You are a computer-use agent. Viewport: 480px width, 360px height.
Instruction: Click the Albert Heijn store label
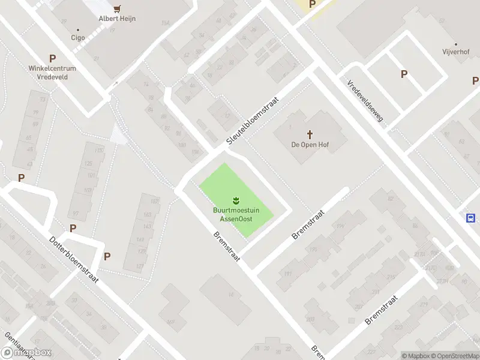tap(117, 19)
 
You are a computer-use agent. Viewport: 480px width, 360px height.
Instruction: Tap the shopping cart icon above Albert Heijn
tap(117, 8)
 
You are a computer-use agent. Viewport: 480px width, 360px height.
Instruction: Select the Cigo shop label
tap(78, 37)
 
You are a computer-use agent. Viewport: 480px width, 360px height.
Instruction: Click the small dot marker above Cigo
tap(78, 29)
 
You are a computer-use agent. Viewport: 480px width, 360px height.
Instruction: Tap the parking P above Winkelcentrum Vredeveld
tap(53, 59)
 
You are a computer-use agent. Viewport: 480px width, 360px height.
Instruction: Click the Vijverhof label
tap(456, 52)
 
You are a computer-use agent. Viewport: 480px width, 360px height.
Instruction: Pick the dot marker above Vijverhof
tap(456, 44)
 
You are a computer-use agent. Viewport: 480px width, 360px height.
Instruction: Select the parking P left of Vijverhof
tap(404, 74)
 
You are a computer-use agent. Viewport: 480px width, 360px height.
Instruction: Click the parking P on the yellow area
tap(312, 4)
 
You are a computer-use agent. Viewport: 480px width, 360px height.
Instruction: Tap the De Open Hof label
tap(310, 145)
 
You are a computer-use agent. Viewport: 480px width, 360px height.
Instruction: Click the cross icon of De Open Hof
tap(310, 134)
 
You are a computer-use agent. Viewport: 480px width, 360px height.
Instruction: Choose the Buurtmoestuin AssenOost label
tap(236, 214)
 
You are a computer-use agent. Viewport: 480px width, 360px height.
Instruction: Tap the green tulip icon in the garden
tap(236, 200)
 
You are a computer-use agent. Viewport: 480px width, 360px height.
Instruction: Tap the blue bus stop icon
tap(472, 218)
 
